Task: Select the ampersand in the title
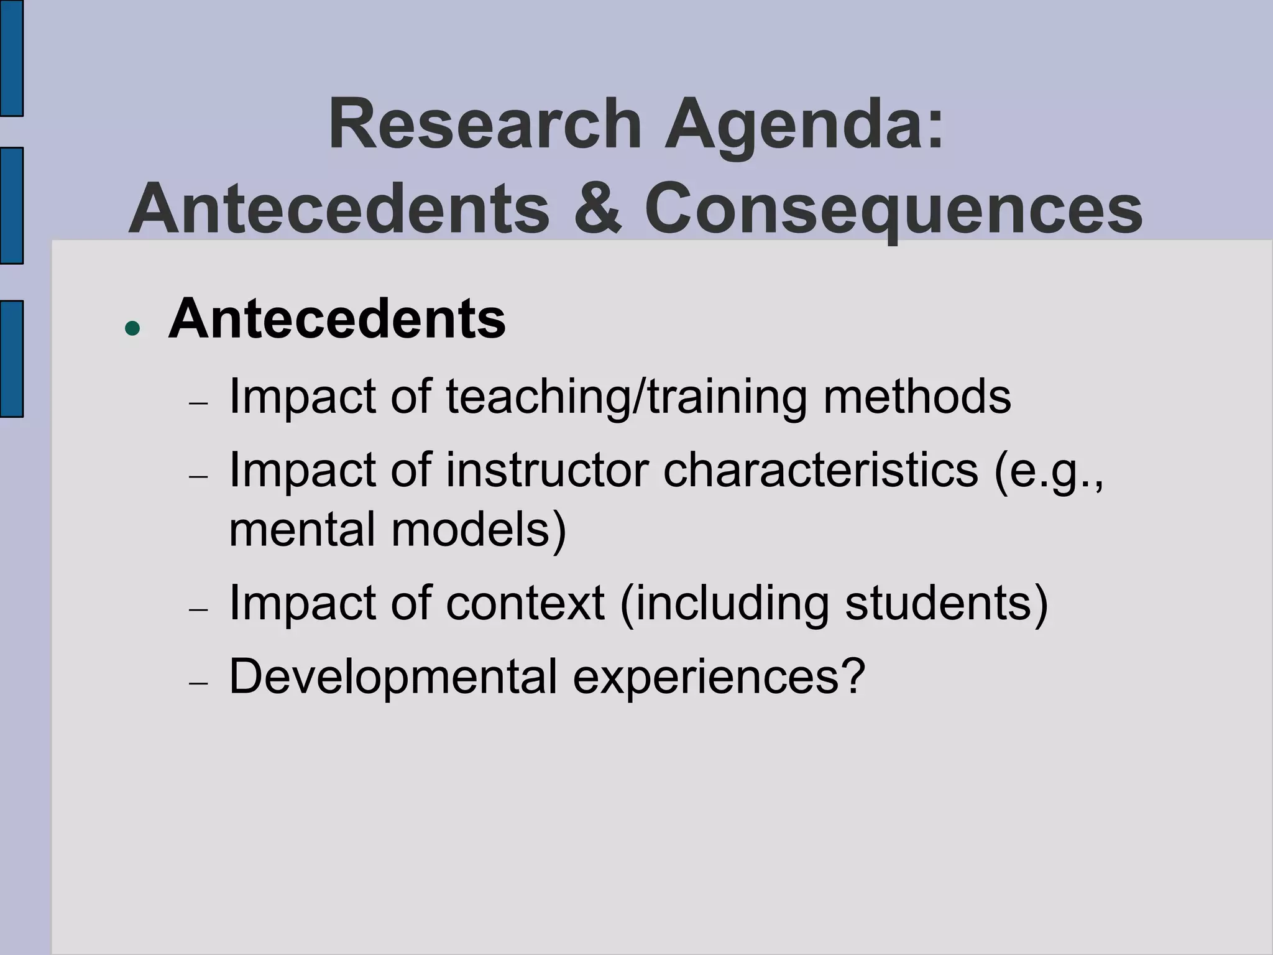point(597,208)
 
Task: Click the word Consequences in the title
point(893,210)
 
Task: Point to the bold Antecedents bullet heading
point(337,319)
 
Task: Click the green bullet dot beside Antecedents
point(132,328)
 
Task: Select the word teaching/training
point(627,397)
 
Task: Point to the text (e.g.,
point(1049,471)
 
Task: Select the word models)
point(479,528)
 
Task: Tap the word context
point(525,603)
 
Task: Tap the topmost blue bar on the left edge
point(11,57)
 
